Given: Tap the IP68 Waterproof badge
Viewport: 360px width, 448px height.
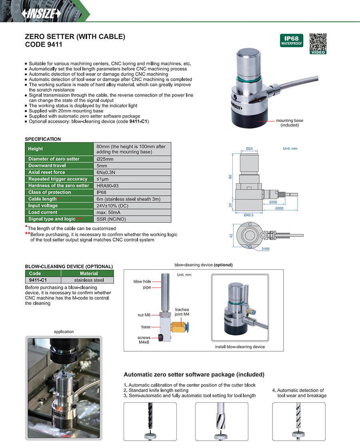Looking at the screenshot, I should pos(291,40).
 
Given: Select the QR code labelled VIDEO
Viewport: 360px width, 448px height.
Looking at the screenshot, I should pos(318,43).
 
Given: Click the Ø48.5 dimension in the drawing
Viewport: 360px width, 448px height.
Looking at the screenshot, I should pos(249,215).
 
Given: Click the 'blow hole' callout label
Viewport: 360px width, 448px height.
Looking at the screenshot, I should pos(142,282).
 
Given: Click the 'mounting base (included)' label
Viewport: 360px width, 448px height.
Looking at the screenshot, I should pos(290,123).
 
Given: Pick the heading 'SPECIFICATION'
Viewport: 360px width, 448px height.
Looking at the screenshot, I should pos(43,139).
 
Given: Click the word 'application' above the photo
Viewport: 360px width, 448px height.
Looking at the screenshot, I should pos(64,332).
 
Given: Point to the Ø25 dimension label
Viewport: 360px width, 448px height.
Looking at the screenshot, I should pos(249,149).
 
